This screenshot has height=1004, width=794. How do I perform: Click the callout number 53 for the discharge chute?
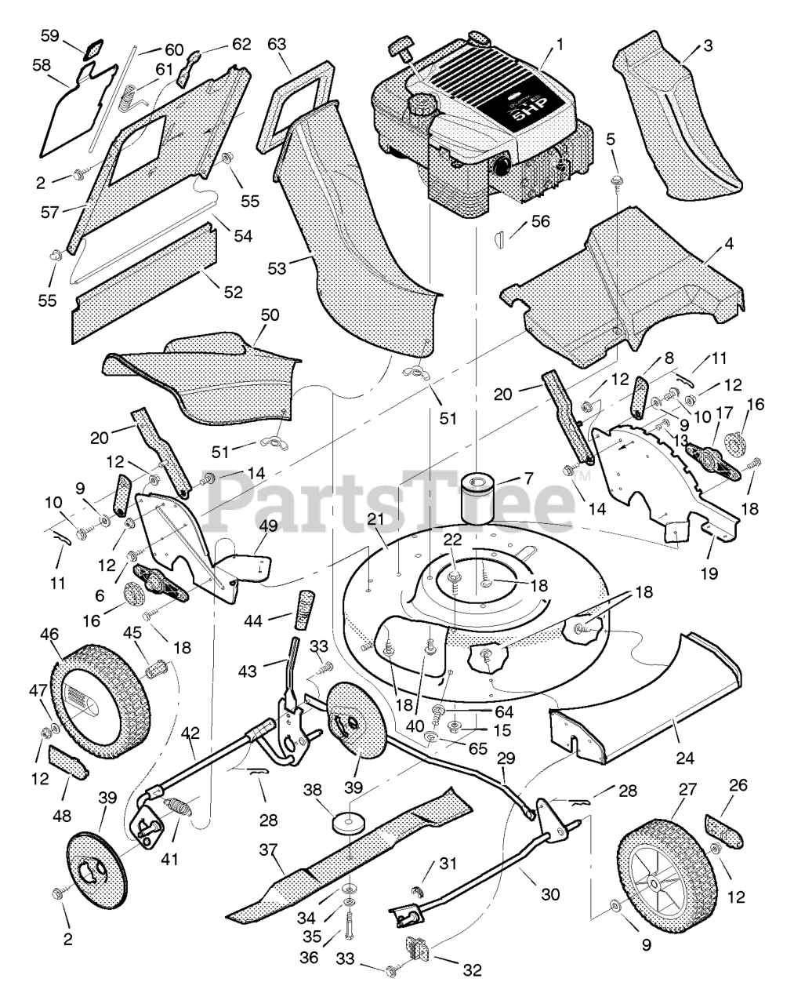point(277,269)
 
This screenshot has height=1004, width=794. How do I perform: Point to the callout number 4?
point(729,244)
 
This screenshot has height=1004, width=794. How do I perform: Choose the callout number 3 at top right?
point(708,45)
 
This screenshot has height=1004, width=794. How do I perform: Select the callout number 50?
point(270,315)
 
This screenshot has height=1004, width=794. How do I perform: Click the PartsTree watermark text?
point(392,497)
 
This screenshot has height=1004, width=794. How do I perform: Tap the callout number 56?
point(540,222)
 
